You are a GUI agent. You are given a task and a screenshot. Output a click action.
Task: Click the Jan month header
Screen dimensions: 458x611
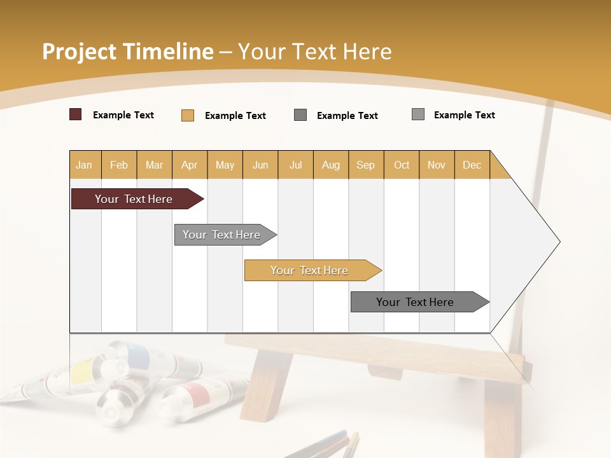(x=84, y=165)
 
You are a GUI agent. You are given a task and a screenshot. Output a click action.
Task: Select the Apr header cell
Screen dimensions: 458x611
(x=189, y=165)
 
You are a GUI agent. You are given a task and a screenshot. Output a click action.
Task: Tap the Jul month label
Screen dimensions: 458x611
(x=295, y=165)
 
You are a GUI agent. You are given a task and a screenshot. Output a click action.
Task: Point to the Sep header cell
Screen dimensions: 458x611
(x=365, y=165)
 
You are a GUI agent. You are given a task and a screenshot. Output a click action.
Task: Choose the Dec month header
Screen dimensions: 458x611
(x=472, y=165)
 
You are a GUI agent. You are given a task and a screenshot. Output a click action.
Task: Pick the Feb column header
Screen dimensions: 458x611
(x=119, y=165)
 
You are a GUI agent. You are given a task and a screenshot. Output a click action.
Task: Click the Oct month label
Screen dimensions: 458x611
(x=402, y=165)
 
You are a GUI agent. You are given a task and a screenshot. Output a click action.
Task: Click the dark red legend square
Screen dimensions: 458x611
(x=75, y=114)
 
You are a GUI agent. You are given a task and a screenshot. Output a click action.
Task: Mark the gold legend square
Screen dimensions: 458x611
(x=187, y=115)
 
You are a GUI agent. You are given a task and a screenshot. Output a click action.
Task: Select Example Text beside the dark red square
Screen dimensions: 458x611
(x=123, y=115)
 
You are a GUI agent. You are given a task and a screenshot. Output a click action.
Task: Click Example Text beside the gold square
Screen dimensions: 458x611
(x=235, y=116)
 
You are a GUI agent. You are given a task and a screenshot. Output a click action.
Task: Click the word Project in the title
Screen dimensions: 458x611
(x=78, y=52)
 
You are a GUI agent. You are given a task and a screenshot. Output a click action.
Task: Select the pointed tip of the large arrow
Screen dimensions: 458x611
(x=559, y=242)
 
